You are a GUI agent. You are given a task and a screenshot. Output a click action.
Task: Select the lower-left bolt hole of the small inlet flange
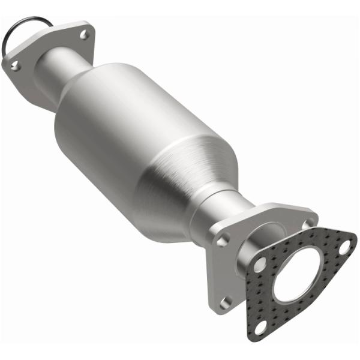(x=15, y=65)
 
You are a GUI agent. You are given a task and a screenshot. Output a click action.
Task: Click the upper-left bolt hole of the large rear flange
(x=223, y=240)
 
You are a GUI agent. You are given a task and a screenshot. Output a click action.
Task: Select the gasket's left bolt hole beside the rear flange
(x=259, y=265)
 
